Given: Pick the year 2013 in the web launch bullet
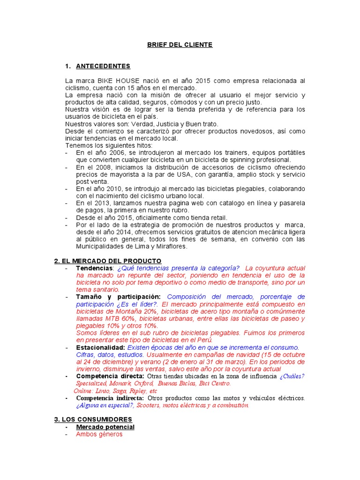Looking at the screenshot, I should (x=106, y=203).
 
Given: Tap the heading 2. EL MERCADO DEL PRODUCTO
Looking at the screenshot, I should (x=108, y=261).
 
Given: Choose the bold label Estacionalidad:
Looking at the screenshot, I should (x=101, y=347).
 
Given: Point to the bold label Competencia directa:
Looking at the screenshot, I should (x=110, y=376).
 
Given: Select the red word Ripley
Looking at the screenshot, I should (x=136, y=391).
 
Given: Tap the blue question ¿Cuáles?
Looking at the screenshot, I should (x=292, y=376).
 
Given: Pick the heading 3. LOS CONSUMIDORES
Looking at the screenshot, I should (x=93, y=419).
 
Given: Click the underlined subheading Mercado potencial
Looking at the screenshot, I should (x=105, y=427).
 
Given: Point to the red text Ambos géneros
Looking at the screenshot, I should (x=99, y=435).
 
